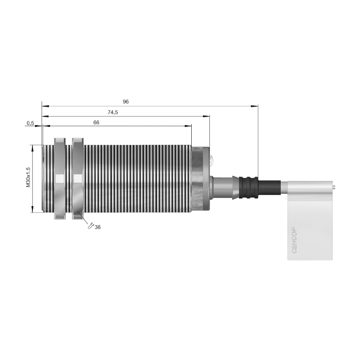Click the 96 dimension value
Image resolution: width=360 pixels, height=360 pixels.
coord(126,102)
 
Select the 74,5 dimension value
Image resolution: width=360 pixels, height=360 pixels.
coord(113,112)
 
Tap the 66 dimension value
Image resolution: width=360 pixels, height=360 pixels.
coord(96,122)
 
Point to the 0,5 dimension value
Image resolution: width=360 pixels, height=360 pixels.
coord(30,123)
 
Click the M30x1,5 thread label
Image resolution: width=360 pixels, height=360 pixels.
coord(28,177)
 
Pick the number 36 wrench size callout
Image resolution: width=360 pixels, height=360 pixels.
coord(98,227)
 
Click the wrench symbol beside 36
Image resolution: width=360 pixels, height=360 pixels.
coord(91,226)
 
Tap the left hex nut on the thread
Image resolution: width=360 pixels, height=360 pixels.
coord(59,179)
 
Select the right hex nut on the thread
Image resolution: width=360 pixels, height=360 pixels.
coord(78,179)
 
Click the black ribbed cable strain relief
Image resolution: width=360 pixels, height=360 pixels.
coord(249,188)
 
